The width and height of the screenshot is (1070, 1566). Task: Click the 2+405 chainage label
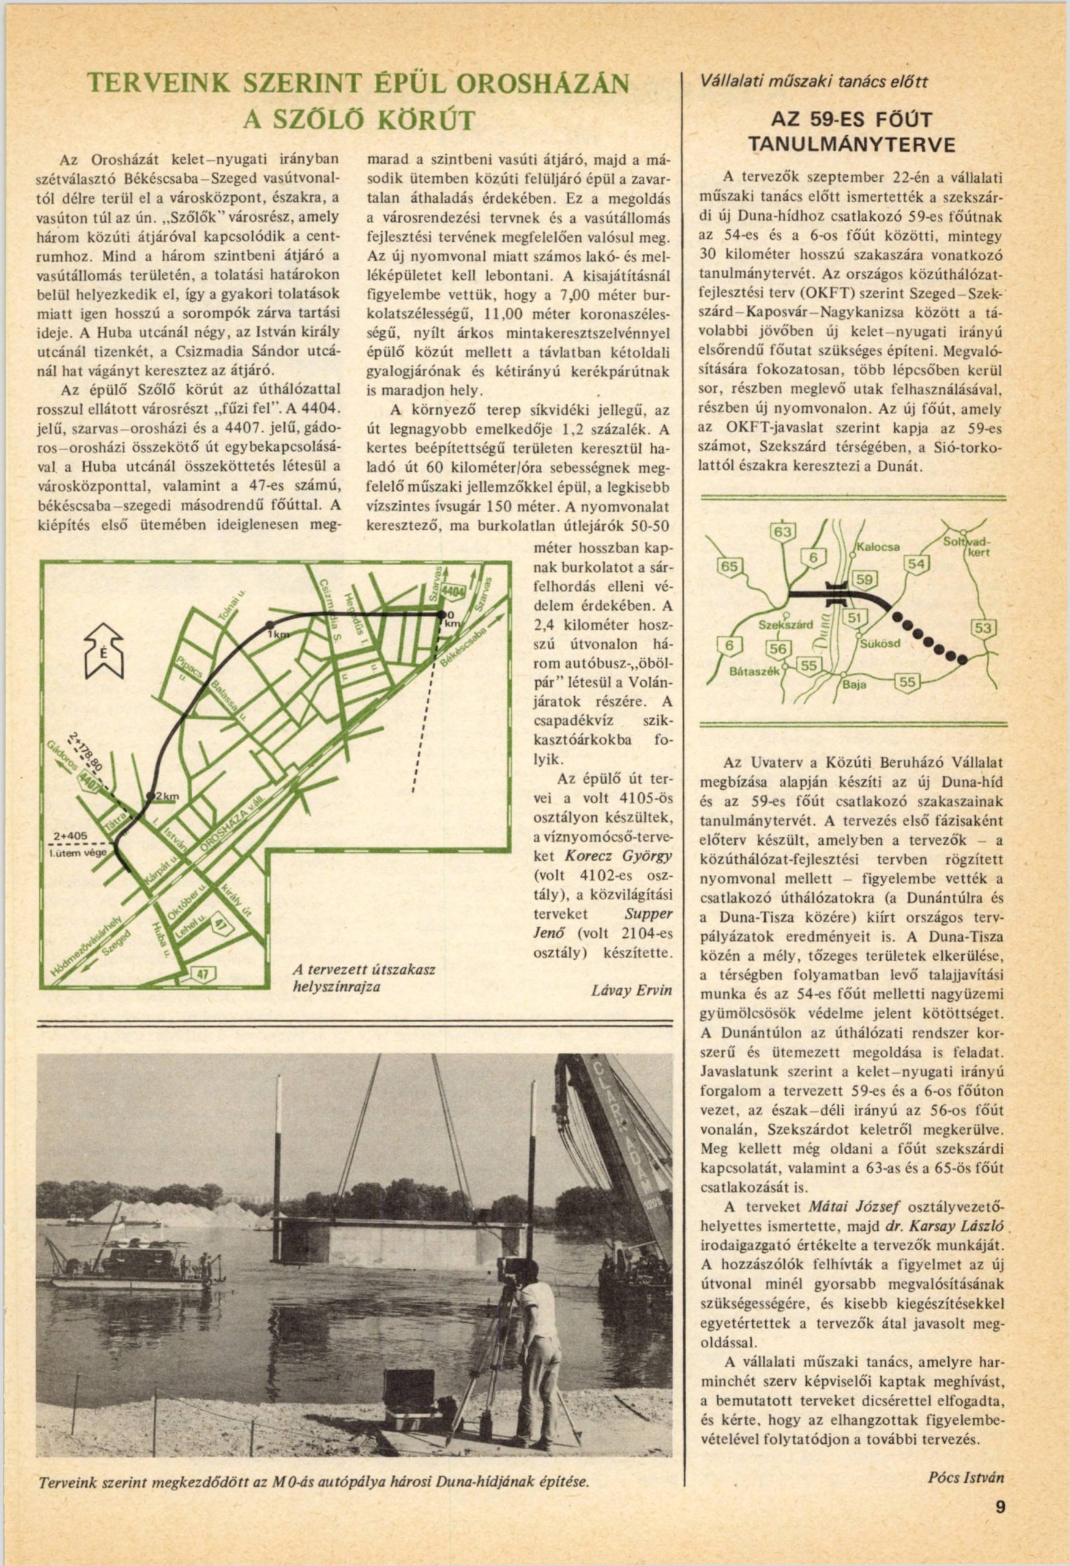[x=71, y=836]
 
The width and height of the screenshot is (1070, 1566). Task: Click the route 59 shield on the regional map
[x=864, y=579]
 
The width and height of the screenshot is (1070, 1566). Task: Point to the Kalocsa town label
[x=879, y=547]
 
